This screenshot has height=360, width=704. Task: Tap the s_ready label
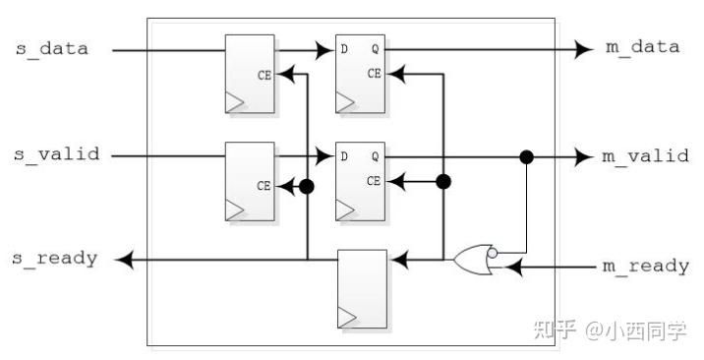tap(55, 259)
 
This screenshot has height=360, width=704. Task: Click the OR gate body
tap(472, 261)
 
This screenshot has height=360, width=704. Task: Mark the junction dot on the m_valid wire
tap(527, 156)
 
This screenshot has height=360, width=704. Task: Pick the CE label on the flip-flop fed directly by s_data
tap(264, 74)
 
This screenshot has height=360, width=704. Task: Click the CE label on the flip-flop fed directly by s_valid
tap(264, 185)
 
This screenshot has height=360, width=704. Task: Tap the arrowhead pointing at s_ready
tap(123, 260)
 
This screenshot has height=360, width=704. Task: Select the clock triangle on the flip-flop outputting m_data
tap(344, 101)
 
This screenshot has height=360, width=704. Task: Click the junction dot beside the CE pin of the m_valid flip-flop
tap(443, 181)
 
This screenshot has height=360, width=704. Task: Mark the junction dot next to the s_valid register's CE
tap(307, 185)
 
